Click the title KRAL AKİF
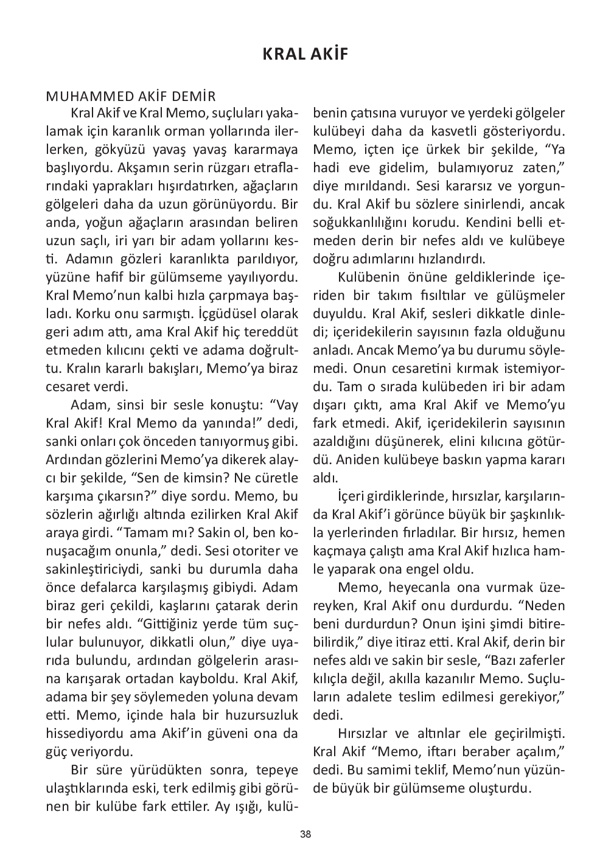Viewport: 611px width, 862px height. click(x=305, y=54)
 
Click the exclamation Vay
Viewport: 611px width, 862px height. click(x=284, y=405)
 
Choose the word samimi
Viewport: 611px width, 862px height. click(x=384, y=770)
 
